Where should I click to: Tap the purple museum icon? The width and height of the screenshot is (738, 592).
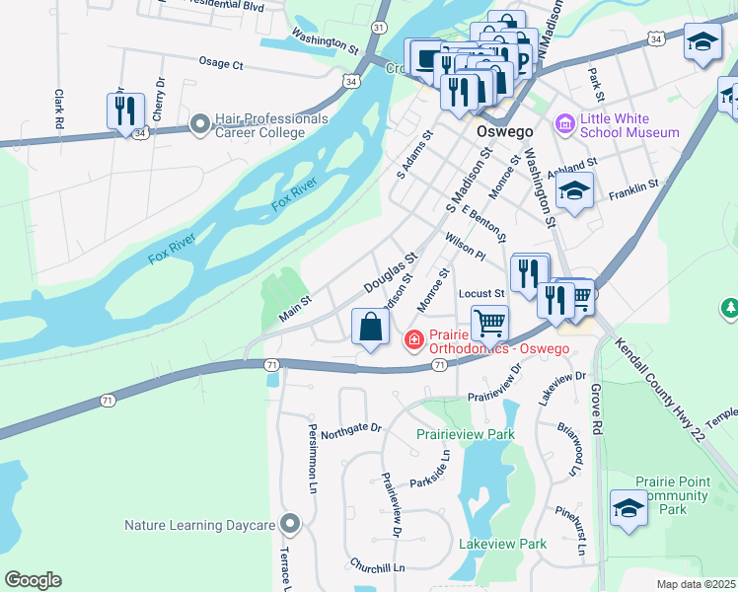pos(565,124)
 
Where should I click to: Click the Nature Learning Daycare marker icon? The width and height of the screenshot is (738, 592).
pos(289,524)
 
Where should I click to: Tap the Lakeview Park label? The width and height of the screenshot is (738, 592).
pos(502,544)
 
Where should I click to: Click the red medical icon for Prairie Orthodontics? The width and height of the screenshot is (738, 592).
pos(414,340)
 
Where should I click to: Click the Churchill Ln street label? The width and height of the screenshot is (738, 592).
pos(377,567)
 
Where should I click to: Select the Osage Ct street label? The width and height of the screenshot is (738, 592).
pos(220,63)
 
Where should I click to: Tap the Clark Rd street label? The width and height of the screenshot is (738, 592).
pos(59,110)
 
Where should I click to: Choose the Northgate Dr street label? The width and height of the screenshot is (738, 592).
pos(350,427)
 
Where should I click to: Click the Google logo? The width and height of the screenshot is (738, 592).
pos(33,580)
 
